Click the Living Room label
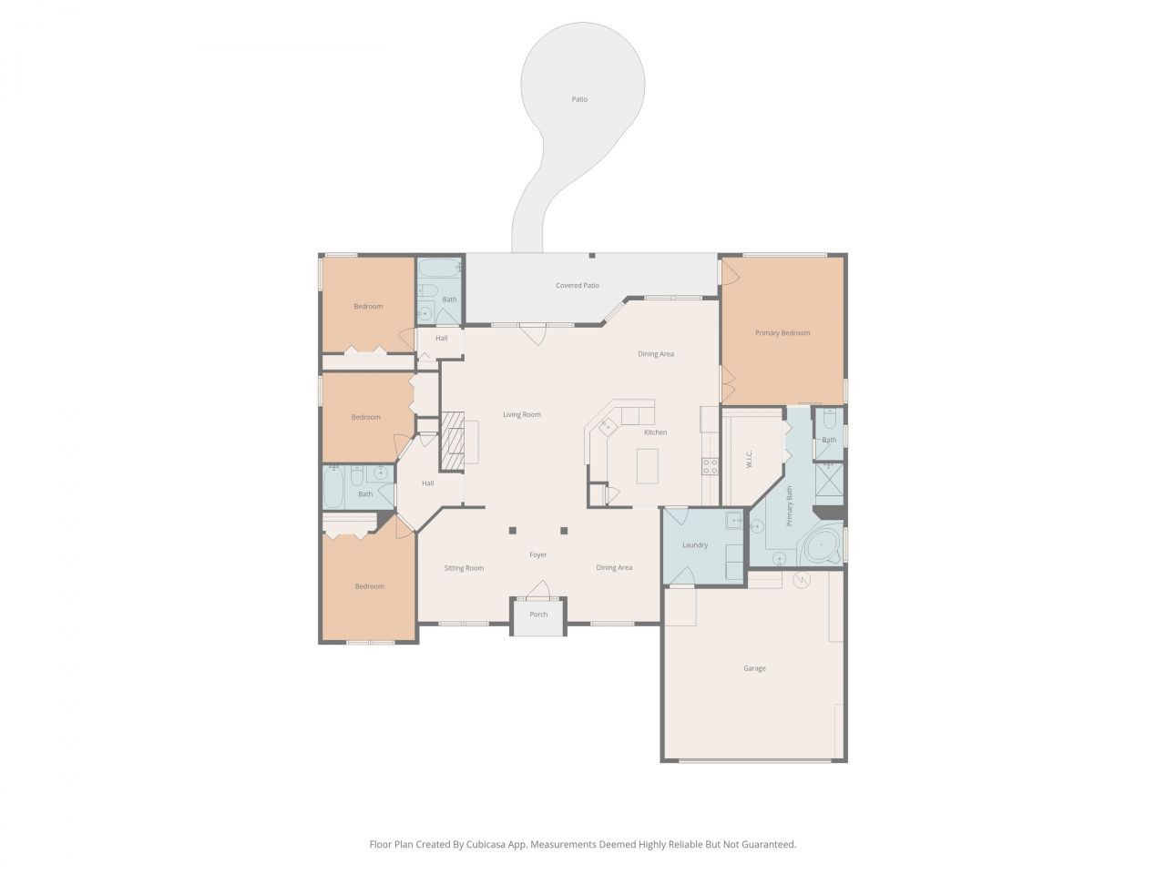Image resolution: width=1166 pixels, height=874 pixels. [522, 414]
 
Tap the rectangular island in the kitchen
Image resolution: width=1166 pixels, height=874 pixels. [647, 468]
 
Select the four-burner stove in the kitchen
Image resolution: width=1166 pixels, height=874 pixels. [710, 467]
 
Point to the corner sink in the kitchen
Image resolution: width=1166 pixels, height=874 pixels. [606, 425]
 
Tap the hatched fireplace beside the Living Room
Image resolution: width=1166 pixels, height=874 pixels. [453, 442]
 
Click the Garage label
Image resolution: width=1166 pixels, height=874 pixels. [754, 668]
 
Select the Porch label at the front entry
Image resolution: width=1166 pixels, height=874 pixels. [538, 615]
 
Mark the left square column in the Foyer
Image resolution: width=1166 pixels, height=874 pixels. [513, 530]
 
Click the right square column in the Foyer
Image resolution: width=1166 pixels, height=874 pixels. [564, 530]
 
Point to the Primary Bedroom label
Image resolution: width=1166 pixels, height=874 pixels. [782, 333]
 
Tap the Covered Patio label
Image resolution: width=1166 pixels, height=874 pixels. [578, 286]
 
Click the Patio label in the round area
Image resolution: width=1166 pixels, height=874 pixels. [579, 99]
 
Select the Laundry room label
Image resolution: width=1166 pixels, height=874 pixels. [695, 545]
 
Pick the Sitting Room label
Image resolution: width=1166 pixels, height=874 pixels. [464, 568]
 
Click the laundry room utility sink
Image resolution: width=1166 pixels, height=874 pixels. [733, 521]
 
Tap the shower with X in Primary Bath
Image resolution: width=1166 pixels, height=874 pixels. [829, 483]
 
